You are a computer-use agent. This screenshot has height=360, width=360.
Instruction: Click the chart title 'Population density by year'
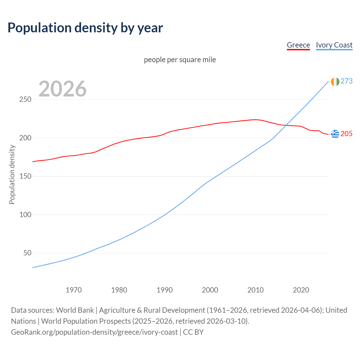[x=85, y=28]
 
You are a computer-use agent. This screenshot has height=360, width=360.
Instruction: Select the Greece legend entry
[x=298, y=45]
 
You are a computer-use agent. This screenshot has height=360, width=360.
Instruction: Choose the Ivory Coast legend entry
[x=334, y=45]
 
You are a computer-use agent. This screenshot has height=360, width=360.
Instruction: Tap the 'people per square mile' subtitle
[x=180, y=60]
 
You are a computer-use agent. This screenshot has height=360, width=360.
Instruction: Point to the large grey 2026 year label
[x=62, y=89]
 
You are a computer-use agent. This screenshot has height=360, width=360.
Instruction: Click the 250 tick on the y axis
[x=25, y=100]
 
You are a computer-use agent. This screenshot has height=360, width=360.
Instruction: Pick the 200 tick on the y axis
[x=25, y=138]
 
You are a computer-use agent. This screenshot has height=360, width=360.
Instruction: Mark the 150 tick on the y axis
[x=25, y=176]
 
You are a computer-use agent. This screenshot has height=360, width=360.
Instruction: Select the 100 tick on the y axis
[x=25, y=215]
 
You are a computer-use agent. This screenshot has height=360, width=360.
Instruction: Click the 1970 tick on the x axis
[x=74, y=290]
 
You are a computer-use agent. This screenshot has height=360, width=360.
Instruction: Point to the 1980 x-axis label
[x=119, y=290]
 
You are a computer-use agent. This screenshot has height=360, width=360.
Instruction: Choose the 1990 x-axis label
[x=165, y=290]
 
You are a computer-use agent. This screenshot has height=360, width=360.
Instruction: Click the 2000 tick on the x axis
[x=210, y=290]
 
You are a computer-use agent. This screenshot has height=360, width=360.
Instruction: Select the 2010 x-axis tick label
[x=255, y=290]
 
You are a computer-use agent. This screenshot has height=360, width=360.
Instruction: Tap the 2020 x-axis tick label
[x=301, y=290]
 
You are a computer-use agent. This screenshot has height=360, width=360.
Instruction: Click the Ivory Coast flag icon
[x=335, y=82]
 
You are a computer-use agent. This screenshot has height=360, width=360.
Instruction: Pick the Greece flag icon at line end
[x=335, y=134]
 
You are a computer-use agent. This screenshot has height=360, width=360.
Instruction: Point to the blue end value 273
[x=346, y=81]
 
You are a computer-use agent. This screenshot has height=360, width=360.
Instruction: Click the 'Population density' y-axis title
[x=12, y=174]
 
